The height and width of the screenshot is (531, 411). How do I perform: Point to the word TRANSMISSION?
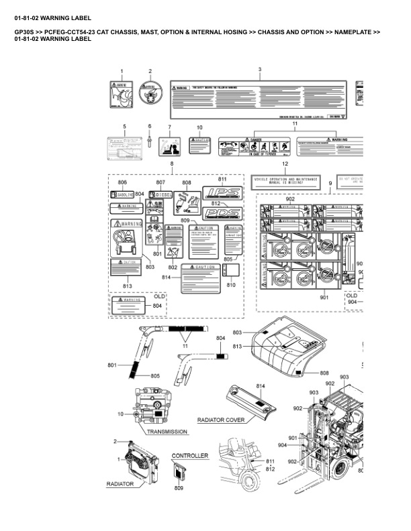(167, 432)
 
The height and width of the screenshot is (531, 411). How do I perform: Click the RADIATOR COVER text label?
(220, 420)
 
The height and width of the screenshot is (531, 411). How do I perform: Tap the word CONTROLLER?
(190, 456)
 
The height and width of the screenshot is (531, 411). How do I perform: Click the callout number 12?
(285, 164)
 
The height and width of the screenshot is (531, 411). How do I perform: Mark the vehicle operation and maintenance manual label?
(285, 181)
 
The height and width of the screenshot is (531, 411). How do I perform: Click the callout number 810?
(232, 286)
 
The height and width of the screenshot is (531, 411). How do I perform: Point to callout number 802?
(173, 268)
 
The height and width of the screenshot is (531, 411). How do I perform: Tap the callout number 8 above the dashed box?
(172, 164)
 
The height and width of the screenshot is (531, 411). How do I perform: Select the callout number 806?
(122, 182)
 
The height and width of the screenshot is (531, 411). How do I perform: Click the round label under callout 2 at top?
(150, 94)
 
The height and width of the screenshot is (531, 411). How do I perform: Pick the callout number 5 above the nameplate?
(124, 126)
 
